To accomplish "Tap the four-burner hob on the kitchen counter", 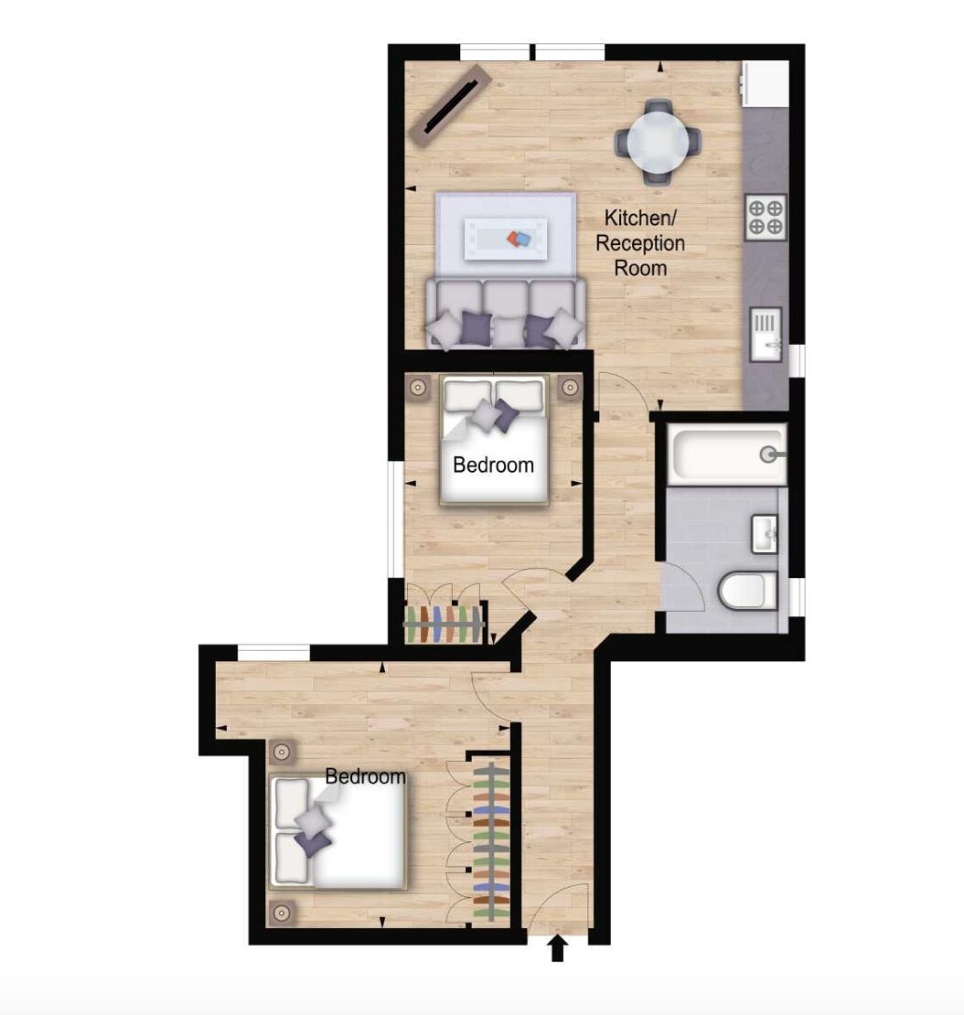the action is pos(766,217).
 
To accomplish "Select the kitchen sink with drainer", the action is pos(766,334).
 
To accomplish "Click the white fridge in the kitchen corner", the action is pos(766,83).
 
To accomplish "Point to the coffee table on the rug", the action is pos(507,239).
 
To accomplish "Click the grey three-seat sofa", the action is pos(506,314).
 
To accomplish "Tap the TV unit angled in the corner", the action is pos(450,106).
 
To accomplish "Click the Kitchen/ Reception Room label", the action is pos(639,242).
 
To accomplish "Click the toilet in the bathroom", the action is pos(748,591).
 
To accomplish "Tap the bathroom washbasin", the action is pos(765,534).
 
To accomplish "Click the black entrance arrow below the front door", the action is pos(558,950).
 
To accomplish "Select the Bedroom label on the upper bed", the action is pos(493,465).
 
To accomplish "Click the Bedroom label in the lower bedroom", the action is pos(365,776).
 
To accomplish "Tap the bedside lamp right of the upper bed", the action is pos(569,388).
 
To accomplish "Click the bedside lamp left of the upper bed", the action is pos(418,388).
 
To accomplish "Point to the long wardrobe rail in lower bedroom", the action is pos(491,841).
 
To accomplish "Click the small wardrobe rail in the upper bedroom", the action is pos(445,624).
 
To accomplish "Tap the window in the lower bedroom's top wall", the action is pos(273,653).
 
